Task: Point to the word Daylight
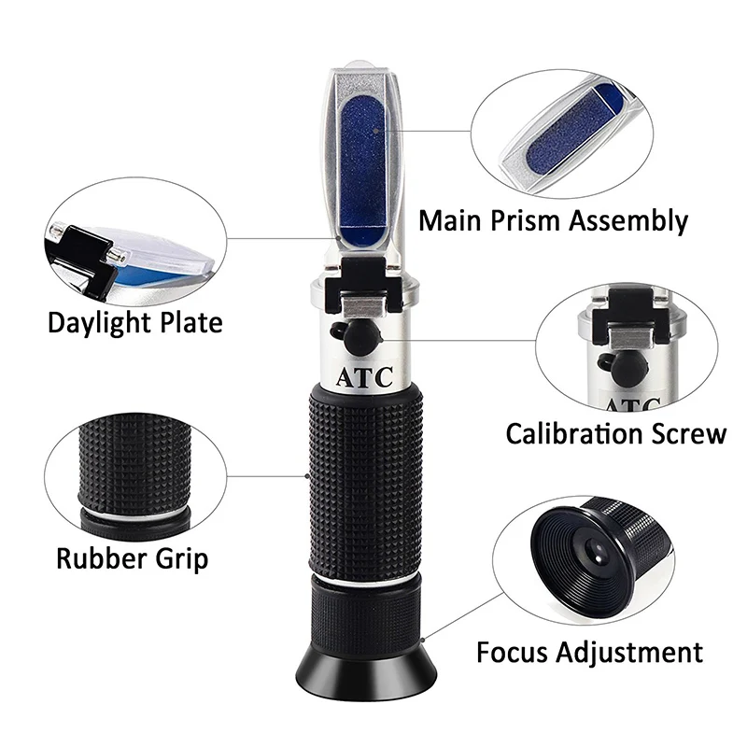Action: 103,323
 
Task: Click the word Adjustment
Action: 638,651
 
